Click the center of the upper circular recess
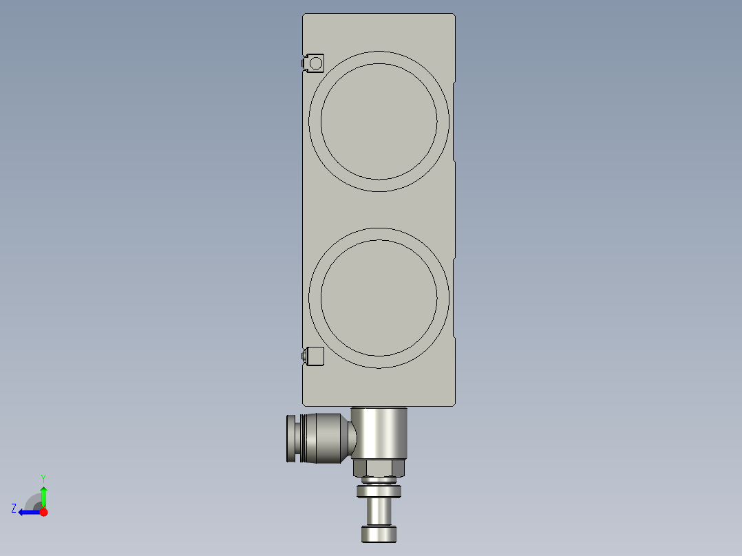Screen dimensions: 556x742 point(379,121)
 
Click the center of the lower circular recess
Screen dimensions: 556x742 point(379,298)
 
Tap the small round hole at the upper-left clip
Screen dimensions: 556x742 point(315,63)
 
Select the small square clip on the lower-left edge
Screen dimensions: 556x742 point(315,356)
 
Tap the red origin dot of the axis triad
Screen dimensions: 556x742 point(43,512)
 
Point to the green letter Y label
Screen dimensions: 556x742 point(43,478)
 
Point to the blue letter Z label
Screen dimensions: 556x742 point(14,509)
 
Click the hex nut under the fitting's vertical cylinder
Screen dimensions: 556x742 point(379,469)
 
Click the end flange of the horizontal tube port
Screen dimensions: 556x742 point(292,438)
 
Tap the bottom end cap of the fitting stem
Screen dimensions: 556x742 point(379,534)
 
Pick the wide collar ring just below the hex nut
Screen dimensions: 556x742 point(379,491)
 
